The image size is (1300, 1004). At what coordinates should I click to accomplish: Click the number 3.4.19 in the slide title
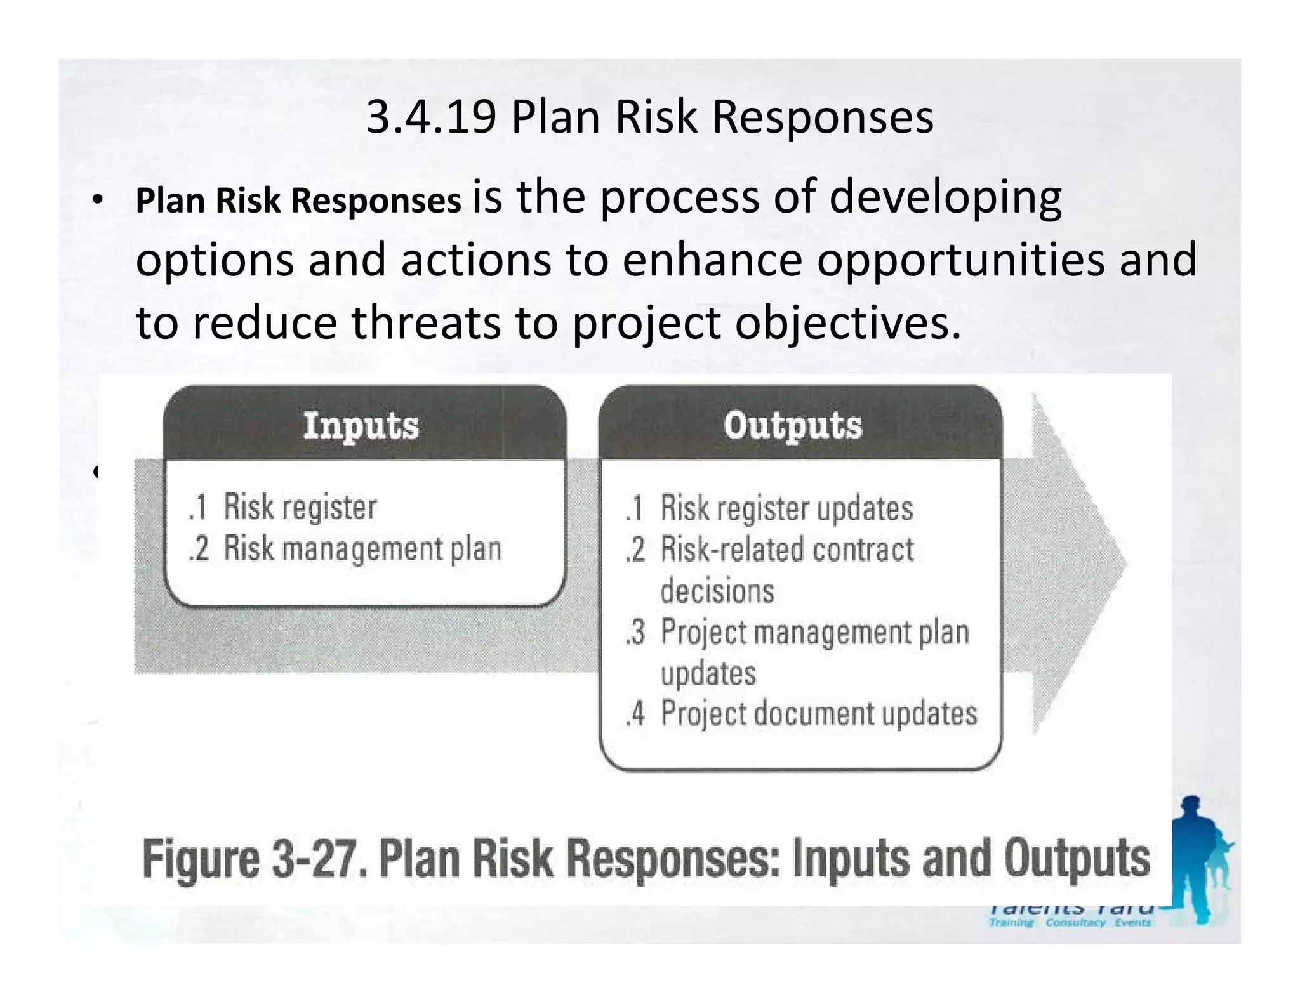[x=431, y=117]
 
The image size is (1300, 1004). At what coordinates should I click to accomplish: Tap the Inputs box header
[x=361, y=425]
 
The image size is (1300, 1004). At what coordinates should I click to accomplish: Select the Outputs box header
[x=793, y=425]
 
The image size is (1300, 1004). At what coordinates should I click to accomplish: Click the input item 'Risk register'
[x=300, y=507]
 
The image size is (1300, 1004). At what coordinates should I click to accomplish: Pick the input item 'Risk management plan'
[x=362, y=548]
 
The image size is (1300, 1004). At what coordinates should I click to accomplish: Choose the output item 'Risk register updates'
[x=786, y=508]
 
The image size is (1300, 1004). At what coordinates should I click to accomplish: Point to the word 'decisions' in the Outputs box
[x=717, y=591]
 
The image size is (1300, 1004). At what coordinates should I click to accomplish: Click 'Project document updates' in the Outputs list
[x=818, y=713]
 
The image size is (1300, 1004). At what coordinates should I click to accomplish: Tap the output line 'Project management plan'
[x=814, y=632]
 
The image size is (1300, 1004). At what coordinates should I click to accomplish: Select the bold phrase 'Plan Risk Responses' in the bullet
[x=298, y=201]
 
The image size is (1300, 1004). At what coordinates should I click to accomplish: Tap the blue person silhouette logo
[x=1197, y=857]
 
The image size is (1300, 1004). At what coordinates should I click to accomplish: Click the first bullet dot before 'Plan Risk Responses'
[x=96, y=201]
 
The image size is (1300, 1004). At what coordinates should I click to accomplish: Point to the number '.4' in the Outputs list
[x=635, y=714]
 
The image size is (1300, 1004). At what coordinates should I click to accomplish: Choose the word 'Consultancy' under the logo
[x=1075, y=923]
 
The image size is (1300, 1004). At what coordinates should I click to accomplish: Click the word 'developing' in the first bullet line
[x=945, y=197]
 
